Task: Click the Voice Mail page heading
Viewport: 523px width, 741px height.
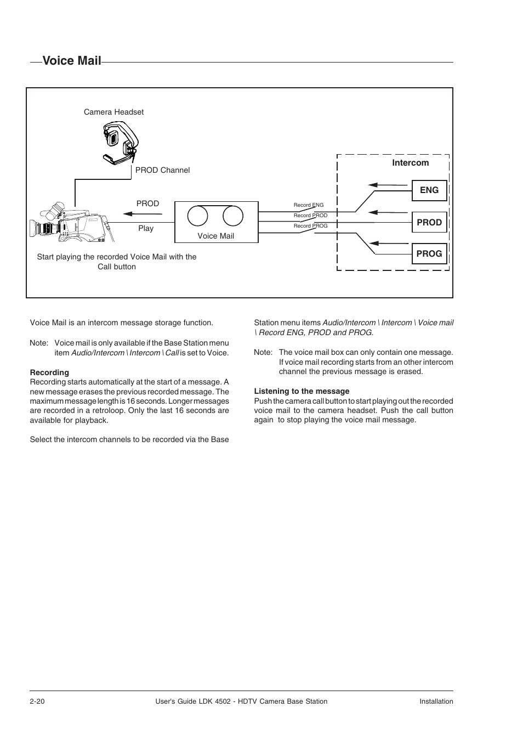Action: coord(71,61)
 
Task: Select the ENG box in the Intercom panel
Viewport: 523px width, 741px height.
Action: coord(429,190)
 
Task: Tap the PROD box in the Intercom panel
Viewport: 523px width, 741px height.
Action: coord(429,222)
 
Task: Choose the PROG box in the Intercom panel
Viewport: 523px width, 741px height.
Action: coord(429,253)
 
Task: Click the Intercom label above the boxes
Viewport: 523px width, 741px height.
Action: coord(410,163)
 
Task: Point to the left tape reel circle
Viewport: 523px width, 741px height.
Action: coord(197,216)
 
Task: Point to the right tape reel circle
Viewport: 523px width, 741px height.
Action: coord(233,216)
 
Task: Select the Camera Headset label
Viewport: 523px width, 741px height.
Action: coord(113,112)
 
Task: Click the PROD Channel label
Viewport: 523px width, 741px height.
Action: coord(162,170)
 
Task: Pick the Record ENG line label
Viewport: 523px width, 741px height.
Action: coord(309,205)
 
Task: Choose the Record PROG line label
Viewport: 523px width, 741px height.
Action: coord(310,225)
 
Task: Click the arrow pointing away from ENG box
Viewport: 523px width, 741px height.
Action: coord(380,185)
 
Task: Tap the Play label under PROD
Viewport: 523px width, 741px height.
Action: coord(146,228)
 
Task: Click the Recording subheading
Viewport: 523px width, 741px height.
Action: coord(49,372)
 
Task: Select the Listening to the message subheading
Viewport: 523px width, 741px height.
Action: coord(302,391)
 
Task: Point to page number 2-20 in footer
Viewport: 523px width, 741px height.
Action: coord(37,701)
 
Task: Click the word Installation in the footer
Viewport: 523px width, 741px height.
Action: coord(436,701)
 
